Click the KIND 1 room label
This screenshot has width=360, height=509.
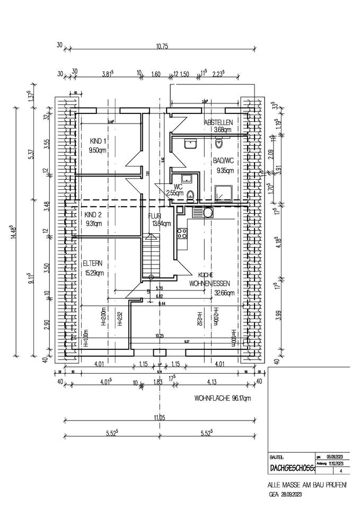point(98,141)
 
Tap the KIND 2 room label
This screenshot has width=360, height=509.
point(92,215)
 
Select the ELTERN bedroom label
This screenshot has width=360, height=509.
point(93,263)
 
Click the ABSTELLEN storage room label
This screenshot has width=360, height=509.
point(218,122)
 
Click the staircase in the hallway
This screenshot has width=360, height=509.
point(151,257)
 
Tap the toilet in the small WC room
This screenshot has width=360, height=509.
point(191,195)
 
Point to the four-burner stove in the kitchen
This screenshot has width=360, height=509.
point(183,233)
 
